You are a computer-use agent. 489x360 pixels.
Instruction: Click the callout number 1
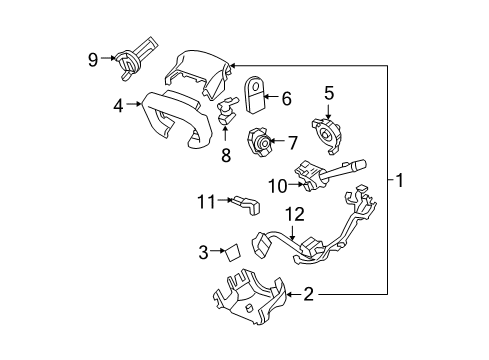pos(399,181)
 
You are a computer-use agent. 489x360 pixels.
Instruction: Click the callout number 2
pos(308,294)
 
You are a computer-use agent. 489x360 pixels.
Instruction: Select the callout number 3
pos(202,252)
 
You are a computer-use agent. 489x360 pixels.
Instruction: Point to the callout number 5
pos(327,93)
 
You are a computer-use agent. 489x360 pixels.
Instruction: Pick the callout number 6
pos(286,98)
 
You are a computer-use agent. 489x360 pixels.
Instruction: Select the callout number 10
pos(275,185)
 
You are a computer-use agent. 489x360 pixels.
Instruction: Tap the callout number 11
pos(205,202)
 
